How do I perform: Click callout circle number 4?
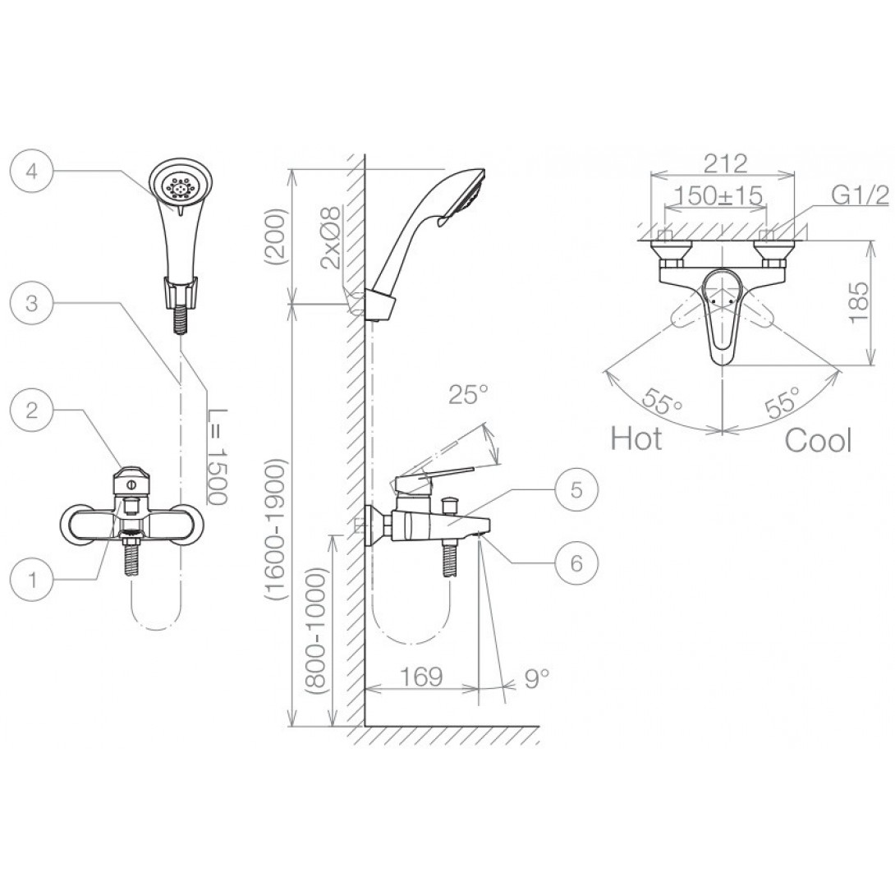pyautogui.click(x=32, y=171)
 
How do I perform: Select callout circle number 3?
pyautogui.click(x=32, y=302)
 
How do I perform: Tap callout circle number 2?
pyautogui.click(x=32, y=409)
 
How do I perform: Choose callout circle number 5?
pyautogui.click(x=576, y=489)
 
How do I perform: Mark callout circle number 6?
pyautogui.click(x=576, y=562)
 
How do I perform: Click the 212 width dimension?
pyautogui.click(x=725, y=163)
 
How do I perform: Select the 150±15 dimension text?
pyautogui.click(x=718, y=195)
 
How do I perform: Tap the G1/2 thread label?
pyautogui.click(x=860, y=195)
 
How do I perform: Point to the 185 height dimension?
pyautogui.click(x=859, y=302)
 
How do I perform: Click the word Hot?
pyautogui.click(x=636, y=438)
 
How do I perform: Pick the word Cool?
pyautogui.click(x=818, y=440)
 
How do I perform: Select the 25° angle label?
pyautogui.click(x=468, y=394)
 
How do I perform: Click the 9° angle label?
pyautogui.click(x=536, y=677)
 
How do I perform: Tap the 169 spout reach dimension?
pyautogui.click(x=421, y=677)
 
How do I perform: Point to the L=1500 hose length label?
pyautogui.click(x=218, y=457)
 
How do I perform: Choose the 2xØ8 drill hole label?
pyautogui.click(x=331, y=237)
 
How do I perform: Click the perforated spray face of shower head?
pyautogui.click(x=179, y=186)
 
